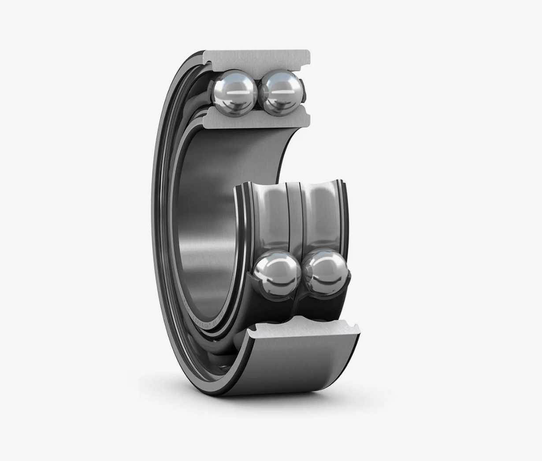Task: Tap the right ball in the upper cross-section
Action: point(280,91)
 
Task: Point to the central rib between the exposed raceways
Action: point(294,216)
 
